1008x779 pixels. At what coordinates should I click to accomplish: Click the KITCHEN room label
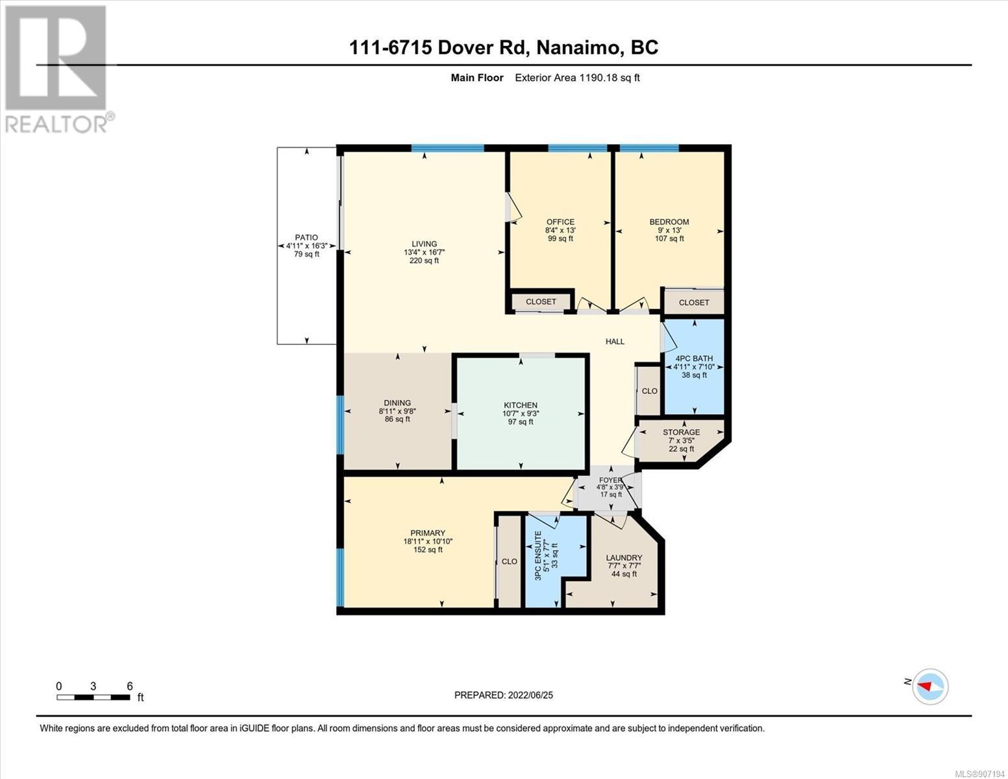click(x=521, y=405)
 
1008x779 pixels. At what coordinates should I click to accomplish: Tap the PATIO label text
click(x=306, y=238)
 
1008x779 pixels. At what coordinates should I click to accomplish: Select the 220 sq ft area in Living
click(x=424, y=261)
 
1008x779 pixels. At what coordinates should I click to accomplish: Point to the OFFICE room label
click(x=560, y=222)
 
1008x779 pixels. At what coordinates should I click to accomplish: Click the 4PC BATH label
click(x=694, y=358)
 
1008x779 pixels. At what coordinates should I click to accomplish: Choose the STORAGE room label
click(x=682, y=432)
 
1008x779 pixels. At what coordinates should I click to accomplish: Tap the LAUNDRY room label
click(x=624, y=558)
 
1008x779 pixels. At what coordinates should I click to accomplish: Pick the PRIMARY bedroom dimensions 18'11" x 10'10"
click(x=428, y=541)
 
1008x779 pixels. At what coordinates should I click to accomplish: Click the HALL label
click(x=615, y=341)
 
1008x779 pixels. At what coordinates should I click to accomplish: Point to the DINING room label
click(x=397, y=402)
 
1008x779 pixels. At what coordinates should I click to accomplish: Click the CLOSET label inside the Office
click(x=541, y=302)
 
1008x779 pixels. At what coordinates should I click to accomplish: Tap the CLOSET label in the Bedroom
click(x=694, y=303)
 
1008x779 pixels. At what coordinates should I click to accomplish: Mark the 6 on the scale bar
click(x=130, y=686)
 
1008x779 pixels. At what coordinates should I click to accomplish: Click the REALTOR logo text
click(x=56, y=124)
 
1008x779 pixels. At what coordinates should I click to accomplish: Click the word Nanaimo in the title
click(x=576, y=47)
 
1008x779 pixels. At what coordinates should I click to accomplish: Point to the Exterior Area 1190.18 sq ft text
click(x=577, y=77)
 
